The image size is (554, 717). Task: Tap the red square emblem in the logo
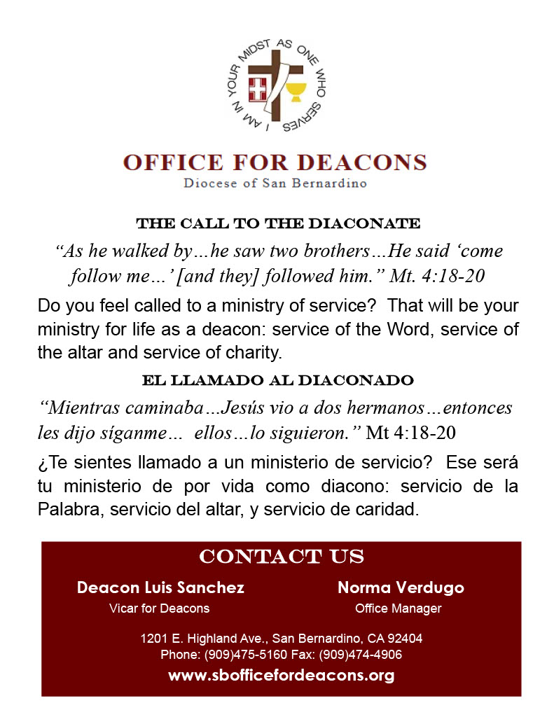258,89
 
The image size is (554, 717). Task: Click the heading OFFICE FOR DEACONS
275,162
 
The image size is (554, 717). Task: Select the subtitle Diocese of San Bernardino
275,183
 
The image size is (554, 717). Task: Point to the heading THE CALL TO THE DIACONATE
278,224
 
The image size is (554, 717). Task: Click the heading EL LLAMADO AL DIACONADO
278,381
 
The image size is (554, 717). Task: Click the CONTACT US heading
282,557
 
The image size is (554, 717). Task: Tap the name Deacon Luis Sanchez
160,587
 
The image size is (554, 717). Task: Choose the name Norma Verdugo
401,587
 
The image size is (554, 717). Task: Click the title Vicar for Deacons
160,608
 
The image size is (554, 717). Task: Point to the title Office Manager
398,608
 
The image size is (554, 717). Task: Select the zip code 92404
404,639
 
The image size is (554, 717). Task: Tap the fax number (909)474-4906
361,655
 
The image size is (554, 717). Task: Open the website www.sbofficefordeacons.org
281,676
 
